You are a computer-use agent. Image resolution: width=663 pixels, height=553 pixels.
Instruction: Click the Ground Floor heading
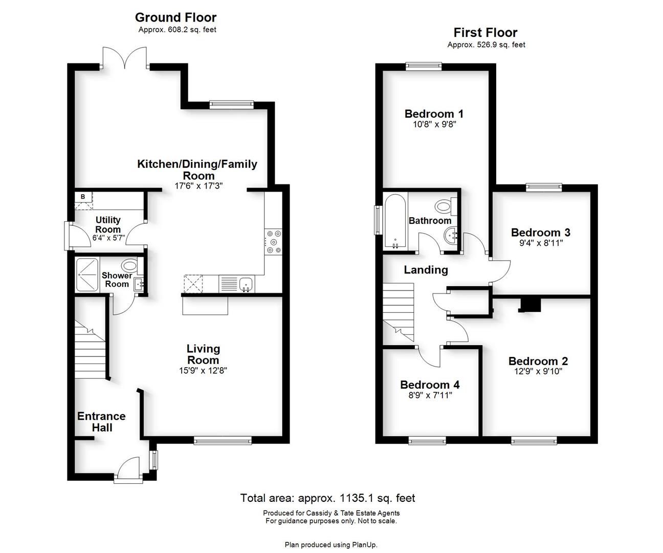click(175, 17)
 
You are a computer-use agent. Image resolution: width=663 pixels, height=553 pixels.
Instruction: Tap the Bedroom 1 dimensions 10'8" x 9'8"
click(434, 124)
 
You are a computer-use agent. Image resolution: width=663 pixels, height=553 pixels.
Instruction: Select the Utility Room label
click(108, 224)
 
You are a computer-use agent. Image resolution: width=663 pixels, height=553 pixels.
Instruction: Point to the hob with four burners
click(273, 242)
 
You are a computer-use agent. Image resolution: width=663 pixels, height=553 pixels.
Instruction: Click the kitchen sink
click(246, 284)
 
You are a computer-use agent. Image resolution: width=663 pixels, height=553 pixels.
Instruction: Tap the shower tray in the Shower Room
click(87, 274)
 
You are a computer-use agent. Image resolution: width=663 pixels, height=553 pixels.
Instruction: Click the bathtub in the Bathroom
click(395, 221)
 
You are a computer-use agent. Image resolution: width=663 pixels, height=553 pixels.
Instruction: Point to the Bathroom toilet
click(446, 206)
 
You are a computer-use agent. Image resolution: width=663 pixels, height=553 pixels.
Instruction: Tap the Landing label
click(426, 270)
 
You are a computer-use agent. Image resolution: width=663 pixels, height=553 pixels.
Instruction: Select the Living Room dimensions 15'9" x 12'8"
click(203, 370)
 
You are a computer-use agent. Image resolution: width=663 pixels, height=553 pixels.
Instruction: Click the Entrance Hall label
click(102, 422)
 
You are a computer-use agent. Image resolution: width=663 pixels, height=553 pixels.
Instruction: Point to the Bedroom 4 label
click(430, 385)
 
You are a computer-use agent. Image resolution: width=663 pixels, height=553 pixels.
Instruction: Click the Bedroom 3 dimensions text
click(540, 243)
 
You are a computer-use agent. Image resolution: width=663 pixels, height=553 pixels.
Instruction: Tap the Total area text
click(328, 498)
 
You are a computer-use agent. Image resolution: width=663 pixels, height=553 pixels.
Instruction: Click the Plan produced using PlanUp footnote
click(331, 545)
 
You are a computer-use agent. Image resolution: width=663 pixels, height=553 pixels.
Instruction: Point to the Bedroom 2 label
click(538, 361)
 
